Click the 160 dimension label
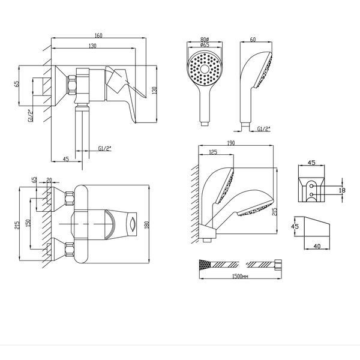(x=98, y=35)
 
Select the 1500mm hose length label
(x=240, y=276)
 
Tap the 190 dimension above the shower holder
(x=231, y=143)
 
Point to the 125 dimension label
(x=213, y=152)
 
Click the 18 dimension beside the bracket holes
(x=341, y=190)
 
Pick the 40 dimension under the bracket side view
(x=317, y=247)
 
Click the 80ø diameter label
(x=205, y=40)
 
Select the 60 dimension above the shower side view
(x=253, y=40)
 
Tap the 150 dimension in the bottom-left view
(x=28, y=224)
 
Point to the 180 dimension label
(x=147, y=224)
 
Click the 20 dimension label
(x=49, y=180)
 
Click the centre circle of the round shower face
(x=204, y=68)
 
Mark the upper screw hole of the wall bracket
(x=311, y=186)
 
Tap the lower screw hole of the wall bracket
(x=311, y=194)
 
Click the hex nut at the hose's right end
(x=278, y=265)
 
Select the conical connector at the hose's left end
(x=205, y=265)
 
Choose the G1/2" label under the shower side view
(x=264, y=129)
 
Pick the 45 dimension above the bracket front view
(x=311, y=163)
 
